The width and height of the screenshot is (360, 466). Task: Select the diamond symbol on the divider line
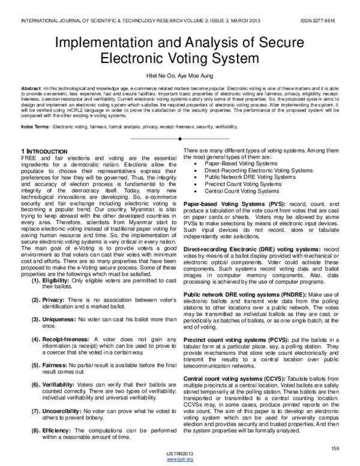[180, 138]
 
